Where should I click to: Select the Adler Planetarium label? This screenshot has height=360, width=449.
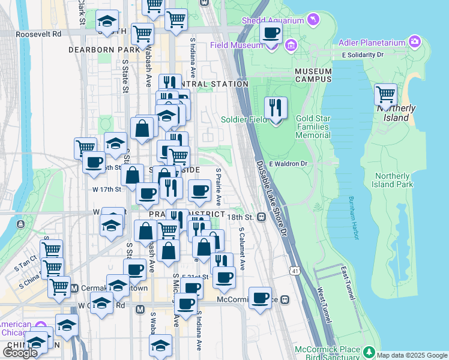[372, 42]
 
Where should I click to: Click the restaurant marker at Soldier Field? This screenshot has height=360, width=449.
[276, 109]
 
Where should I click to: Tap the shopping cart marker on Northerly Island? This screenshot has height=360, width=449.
[385, 95]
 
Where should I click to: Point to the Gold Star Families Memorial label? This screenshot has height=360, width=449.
[313, 127]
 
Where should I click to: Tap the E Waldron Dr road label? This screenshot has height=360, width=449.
[288, 163]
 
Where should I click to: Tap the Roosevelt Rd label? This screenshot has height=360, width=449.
[40, 34]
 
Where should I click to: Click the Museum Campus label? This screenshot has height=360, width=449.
[313, 75]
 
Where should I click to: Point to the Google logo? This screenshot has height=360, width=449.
[20, 353]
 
